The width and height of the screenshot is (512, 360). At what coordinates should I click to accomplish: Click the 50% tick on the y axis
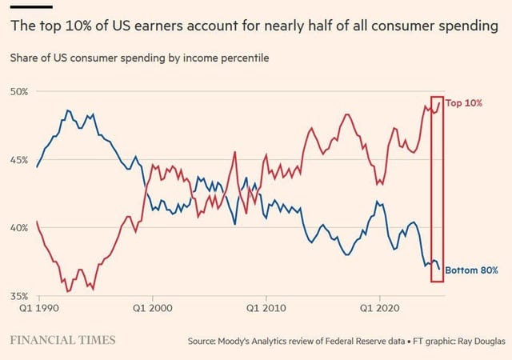(19, 92)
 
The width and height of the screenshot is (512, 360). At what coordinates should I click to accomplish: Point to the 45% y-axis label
(19, 160)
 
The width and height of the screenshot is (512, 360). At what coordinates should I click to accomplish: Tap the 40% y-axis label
(19, 228)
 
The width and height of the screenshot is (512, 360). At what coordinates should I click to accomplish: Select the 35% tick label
(19, 296)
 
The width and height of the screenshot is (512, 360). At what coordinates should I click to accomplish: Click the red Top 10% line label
(464, 102)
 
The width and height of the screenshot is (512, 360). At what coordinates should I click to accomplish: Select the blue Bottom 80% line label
(471, 270)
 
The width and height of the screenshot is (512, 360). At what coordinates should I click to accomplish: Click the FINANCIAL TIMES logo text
(63, 340)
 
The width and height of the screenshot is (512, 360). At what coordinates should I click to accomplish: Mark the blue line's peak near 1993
(68, 110)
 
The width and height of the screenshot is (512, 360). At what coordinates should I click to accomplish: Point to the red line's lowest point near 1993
(67, 291)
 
